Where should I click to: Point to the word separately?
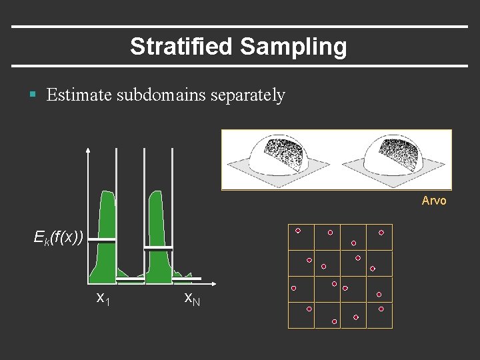click(x=247, y=95)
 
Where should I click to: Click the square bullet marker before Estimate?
click(x=33, y=95)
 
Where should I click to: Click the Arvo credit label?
click(x=434, y=201)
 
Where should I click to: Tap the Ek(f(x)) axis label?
click(x=59, y=236)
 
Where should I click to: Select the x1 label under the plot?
click(x=103, y=298)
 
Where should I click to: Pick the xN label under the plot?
click(x=191, y=298)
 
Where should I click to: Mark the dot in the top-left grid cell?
click(x=298, y=231)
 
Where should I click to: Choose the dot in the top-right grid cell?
click(x=381, y=233)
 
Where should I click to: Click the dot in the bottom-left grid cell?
click(x=309, y=309)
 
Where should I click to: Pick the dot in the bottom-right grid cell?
click(x=381, y=309)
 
